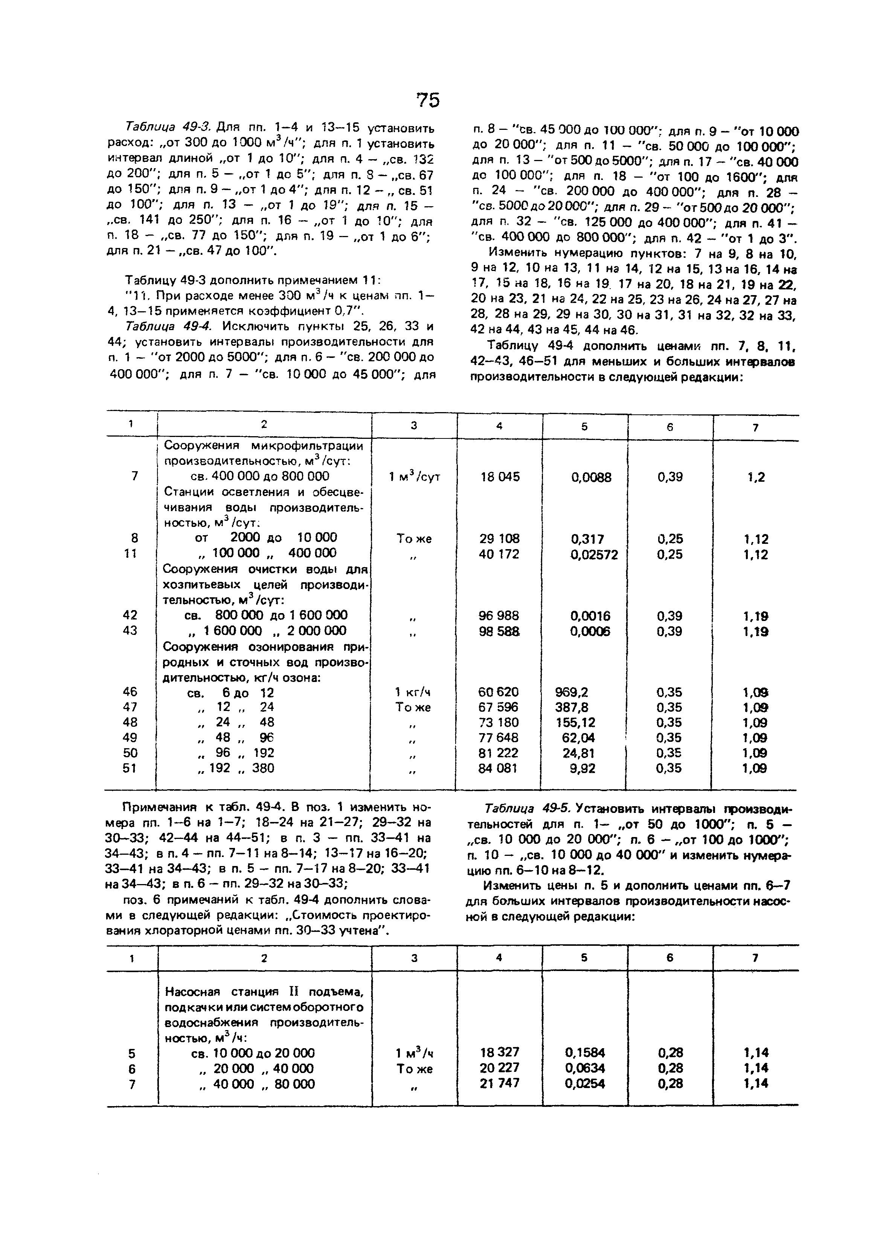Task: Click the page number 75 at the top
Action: click(x=427, y=100)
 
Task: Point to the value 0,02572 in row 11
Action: click(x=594, y=555)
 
